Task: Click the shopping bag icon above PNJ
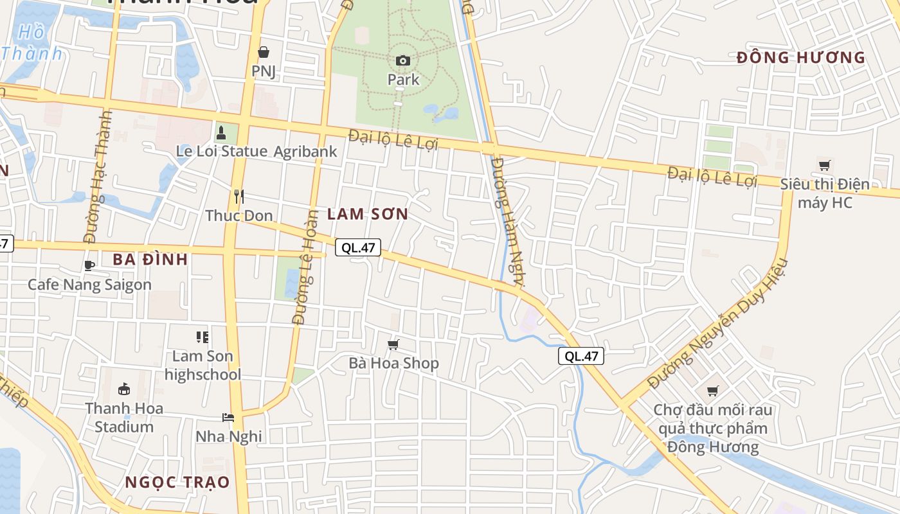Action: point(264,52)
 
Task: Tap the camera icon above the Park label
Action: point(403,60)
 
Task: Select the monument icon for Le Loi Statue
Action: point(221,133)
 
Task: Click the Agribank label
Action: point(305,152)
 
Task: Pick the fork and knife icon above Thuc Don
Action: point(239,196)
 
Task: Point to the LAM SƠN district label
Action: point(368,215)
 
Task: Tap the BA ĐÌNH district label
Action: point(150,260)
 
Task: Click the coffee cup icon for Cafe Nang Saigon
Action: point(89,265)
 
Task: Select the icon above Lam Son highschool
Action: point(203,337)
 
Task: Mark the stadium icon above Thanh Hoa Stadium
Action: point(124,389)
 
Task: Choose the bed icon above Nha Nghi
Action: point(228,418)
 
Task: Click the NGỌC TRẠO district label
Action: point(177,483)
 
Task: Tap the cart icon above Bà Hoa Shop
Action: point(393,345)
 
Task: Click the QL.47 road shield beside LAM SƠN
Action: point(358,247)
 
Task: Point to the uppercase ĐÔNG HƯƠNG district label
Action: point(801,58)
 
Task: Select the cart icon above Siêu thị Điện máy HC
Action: point(824,165)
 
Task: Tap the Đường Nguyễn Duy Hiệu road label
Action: point(717,323)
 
